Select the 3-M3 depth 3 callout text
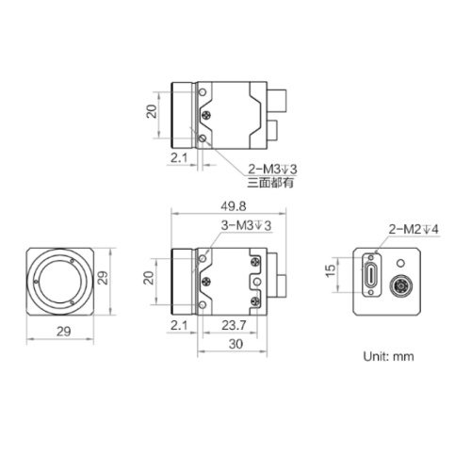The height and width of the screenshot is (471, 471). point(246,225)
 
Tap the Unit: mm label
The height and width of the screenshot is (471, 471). point(389,357)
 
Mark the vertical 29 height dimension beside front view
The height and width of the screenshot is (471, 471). point(106,279)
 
